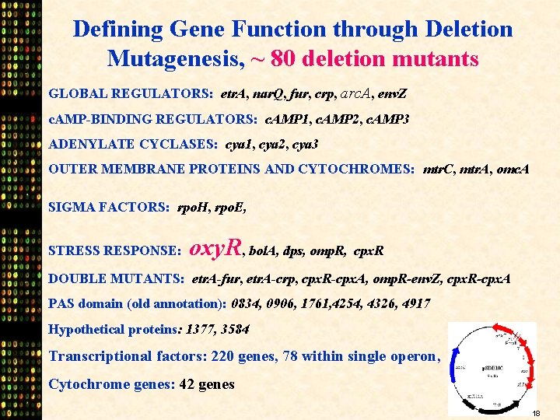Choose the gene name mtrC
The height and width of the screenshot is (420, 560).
(x=442, y=169)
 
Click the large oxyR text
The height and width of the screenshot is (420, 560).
(x=217, y=249)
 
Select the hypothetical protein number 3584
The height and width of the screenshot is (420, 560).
(x=234, y=329)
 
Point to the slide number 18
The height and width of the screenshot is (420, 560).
(x=537, y=412)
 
